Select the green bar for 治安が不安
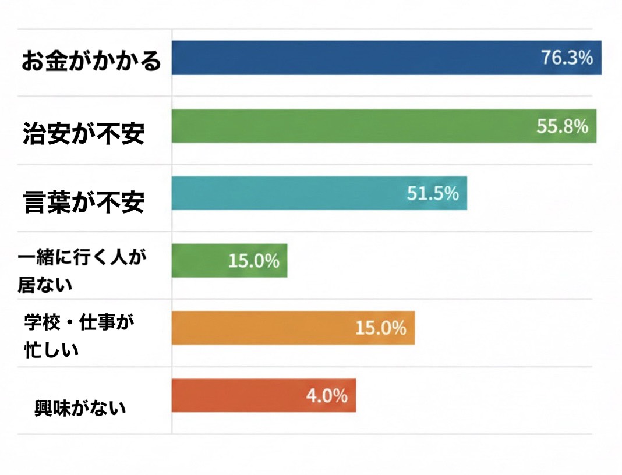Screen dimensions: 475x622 (x=349, y=126)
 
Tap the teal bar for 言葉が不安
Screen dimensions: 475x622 (x=291, y=193)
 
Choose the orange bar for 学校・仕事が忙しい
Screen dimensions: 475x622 (x=262, y=328)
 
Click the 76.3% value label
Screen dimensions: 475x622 (x=567, y=58)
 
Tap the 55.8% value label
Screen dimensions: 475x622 (x=562, y=126)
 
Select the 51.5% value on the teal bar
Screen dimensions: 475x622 (x=433, y=193)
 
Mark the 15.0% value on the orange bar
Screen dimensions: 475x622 (x=380, y=328)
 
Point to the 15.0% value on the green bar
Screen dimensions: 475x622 (x=253, y=261)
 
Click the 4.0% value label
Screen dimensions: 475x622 (x=327, y=396)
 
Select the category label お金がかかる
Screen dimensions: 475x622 (x=91, y=61)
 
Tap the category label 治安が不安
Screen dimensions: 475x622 (x=83, y=134)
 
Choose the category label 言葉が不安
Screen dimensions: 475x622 (x=83, y=202)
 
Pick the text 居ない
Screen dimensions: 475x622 (x=45, y=284)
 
